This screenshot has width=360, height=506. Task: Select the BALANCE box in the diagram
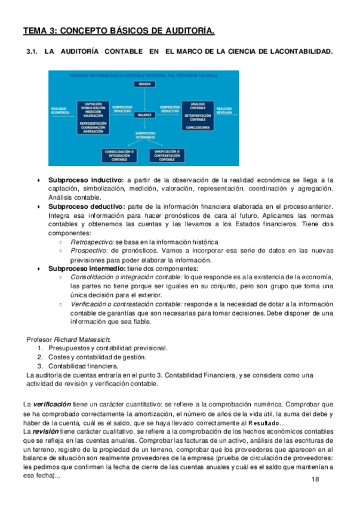click(x=144, y=114)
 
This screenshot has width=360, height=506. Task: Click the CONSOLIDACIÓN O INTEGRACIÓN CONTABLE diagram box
click(x=119, y=156)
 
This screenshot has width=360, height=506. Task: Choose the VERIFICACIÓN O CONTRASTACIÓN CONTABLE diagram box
click(x=167, y=156)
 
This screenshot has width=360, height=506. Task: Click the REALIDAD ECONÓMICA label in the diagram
click(x=60, y=110)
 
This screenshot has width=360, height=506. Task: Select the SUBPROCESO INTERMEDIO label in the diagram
click(x=145, y=135)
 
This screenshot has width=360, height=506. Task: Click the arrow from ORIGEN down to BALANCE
click(x=144, y=99)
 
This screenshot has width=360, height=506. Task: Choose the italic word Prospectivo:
click(x=89, y=251)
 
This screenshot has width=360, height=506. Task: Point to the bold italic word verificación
click(x=53, y=403)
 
